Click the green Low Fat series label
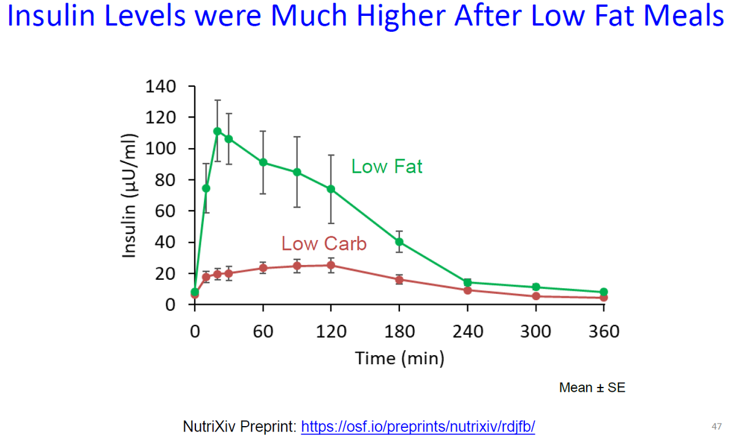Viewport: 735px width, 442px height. [386, 167]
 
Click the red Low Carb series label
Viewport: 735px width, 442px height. [324, 244]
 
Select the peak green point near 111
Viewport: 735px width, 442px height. [217, 131]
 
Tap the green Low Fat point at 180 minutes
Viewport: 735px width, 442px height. [399, 241]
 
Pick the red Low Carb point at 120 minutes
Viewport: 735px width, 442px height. [331, 265]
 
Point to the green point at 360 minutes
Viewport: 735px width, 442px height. [604, 292]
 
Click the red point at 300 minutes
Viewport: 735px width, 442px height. [536, 296]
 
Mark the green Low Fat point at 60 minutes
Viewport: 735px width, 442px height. [263, 162]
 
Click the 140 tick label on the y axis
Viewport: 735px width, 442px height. [161, 86]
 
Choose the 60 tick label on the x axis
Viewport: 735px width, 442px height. [263, 332]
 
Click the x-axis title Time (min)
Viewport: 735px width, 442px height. [399, 358]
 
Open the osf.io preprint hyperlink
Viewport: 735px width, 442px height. [418, 426]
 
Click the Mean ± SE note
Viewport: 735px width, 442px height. [592, 388]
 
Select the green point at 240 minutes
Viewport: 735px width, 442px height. [467, 282]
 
